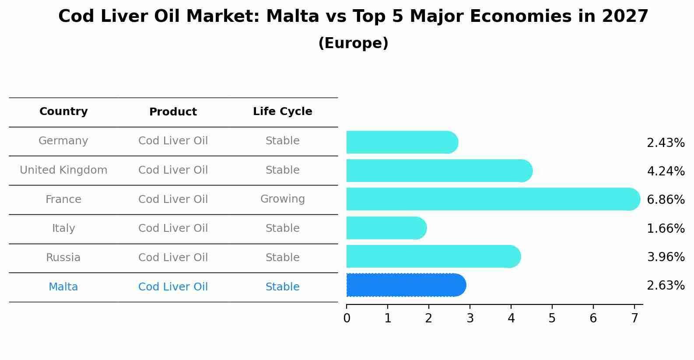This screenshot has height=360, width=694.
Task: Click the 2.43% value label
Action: [x=665, y=143]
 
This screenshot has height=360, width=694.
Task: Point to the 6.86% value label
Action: [x=665, y=200]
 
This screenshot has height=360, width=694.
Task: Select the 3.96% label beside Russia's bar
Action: [x=665, y=257]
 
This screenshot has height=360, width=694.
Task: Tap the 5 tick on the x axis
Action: [x=552, y=318]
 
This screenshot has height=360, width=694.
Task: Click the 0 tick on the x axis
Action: [x=347, y=318]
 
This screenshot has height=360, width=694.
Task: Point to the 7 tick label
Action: [x=634, y=318]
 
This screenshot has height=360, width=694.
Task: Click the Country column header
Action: [x=63, y=112]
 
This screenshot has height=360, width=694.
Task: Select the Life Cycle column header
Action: [x=282, y=112]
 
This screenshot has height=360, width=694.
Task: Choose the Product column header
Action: [x=173, y=112]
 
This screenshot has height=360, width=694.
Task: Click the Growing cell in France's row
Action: [x=282, y=199]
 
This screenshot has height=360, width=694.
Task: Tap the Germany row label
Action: [x=63, y=141]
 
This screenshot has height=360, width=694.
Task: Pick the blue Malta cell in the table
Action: [x=63, y=287]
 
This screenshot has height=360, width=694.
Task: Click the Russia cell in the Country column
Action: [x=63, y=258]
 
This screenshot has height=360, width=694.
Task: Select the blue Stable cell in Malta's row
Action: [x=282, y=287]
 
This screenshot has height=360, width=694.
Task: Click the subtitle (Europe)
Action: [x=353, y=43]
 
